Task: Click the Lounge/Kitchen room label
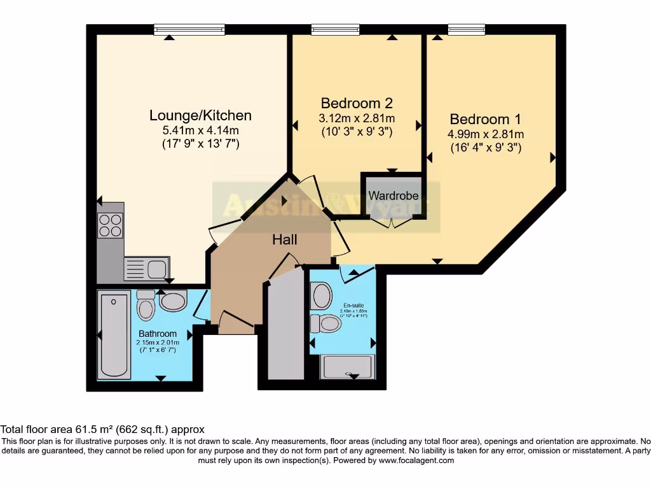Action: [x=200, y=115]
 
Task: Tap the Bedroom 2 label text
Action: [x=356, y=103]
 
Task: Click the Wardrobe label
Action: [x=394, y=195]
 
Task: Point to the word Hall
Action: [x=285, y=239]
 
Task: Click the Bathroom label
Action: [x=158, y=334]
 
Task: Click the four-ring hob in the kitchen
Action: [x=110, y=224]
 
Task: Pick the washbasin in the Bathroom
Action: [x=173, y=301]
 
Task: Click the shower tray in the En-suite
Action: [x=348, y=367]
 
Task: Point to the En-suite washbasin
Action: [x=322, y=295]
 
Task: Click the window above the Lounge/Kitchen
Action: [x=189, y=29]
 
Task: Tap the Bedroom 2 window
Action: [x=335, y=29]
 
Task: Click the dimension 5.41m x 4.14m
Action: [x=200, y=131]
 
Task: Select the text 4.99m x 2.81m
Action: [x=486, y=134]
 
